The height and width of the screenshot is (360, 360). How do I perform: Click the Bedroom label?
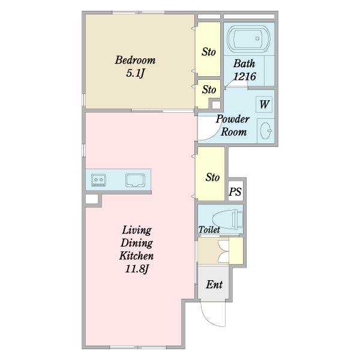click(135, 60)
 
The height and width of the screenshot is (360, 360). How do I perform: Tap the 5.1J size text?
click(135, 73)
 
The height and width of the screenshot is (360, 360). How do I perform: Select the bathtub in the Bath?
click(248, 38)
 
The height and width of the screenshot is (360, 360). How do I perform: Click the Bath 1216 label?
click(244, 70)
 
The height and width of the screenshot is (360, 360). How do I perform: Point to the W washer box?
click(264, 104)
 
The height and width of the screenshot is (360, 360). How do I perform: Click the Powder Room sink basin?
click(266, 131)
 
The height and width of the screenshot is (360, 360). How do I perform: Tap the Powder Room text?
click(233, 125)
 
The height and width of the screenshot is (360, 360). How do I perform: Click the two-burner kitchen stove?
click(98, 180)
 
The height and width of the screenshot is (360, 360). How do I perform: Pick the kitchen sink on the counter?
click(135, 180)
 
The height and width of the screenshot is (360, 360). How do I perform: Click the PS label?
click(235, 191)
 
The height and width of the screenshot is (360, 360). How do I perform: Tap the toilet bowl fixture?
click(227, 220)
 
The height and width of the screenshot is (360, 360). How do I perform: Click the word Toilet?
click(209, 230)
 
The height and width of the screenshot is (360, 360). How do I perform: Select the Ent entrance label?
click(214, 284)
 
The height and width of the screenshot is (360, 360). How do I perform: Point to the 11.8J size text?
click(137, 269)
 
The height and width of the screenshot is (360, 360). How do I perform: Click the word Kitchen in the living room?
click(136, 256)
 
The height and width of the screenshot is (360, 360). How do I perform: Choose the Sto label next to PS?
click(212, 177)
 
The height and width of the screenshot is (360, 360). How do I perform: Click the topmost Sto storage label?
click(209, 52)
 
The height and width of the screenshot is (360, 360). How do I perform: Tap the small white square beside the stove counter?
click(92, 199)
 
